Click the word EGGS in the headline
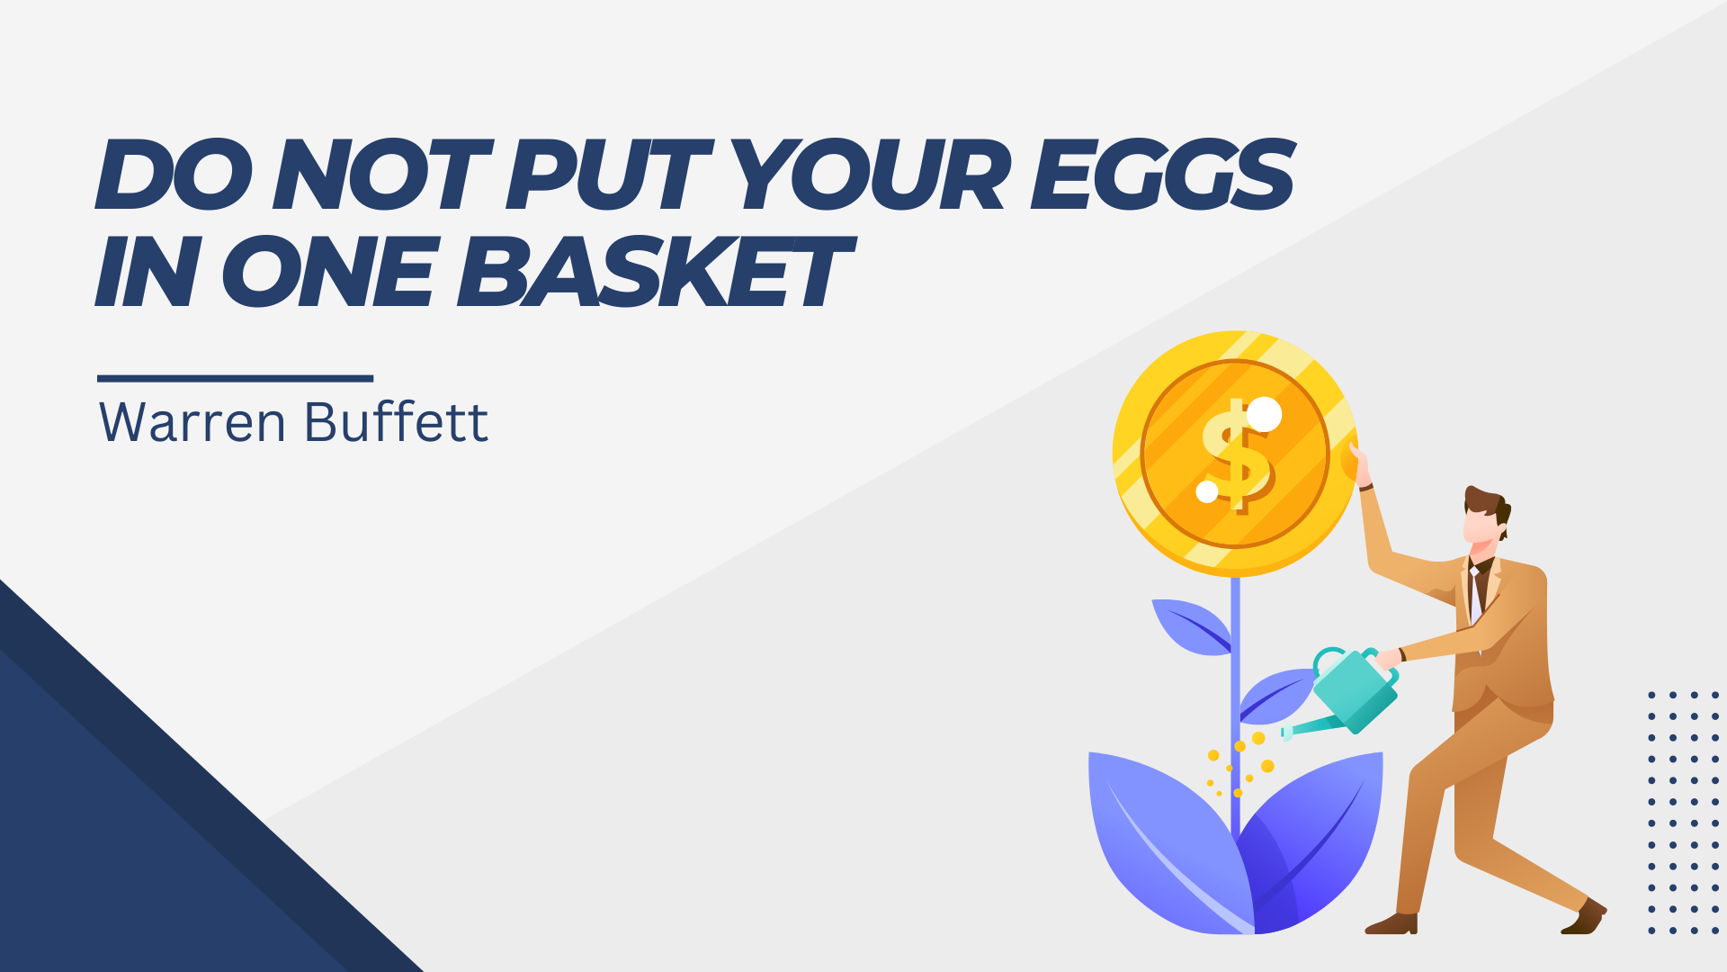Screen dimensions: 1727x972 tap(1161, 175)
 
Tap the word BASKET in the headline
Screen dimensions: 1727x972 tap(654, 272)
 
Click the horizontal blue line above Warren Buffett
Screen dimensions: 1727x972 tap(235, 379)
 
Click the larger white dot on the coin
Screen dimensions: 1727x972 tap(1264, 414)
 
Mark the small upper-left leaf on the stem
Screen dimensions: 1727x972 tap(1191, 626)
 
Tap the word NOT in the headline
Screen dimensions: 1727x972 tap(383, 175)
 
